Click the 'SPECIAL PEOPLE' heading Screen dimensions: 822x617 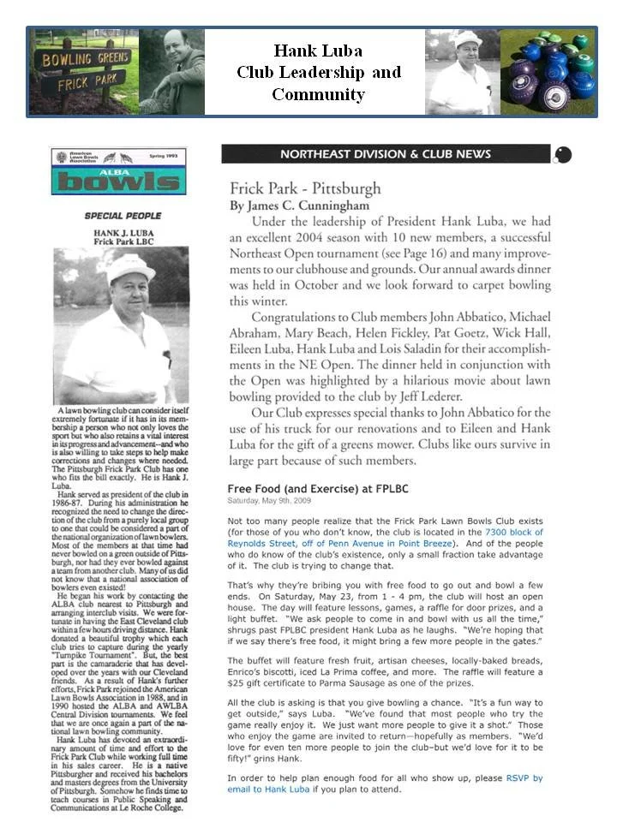point(122,216)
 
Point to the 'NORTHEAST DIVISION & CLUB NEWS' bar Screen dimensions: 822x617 point(386,154)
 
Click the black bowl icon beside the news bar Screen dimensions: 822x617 point(563,155)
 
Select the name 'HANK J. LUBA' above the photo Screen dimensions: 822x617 point(122,232)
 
